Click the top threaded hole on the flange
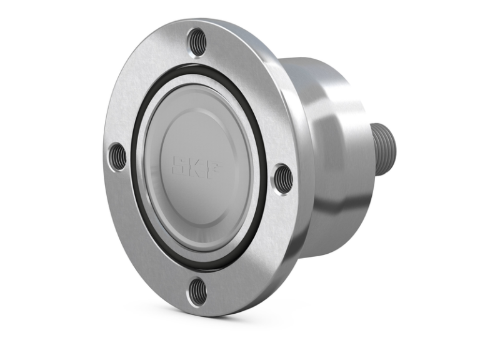(197, 42)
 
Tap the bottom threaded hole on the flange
(197, 291)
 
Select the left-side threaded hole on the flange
(117, 156)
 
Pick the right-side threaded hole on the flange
(282, 177)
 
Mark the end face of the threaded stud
(391, 149)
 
